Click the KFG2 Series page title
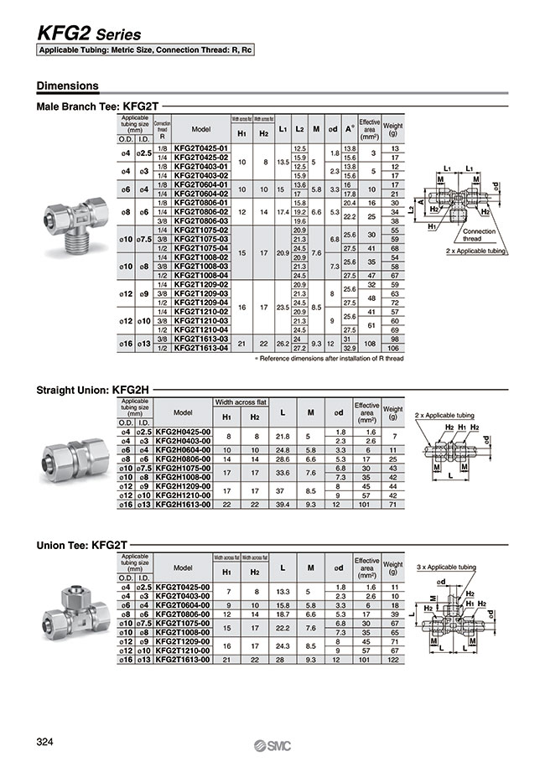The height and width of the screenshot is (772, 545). pyautogui.click(x=89, y=34)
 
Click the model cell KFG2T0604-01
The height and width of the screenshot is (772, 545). pyautogui.click(x=200, y=184)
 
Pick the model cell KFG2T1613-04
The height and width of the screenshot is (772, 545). pyautogui.click(x=200, y=347)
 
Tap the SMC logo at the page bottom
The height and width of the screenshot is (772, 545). pyautogui.click(x=272, y=746)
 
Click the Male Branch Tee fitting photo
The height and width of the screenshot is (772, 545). pyautogui.click(x=79, y=226)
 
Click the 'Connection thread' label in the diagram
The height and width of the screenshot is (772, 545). pyautogui.click(x=479, y=234)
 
